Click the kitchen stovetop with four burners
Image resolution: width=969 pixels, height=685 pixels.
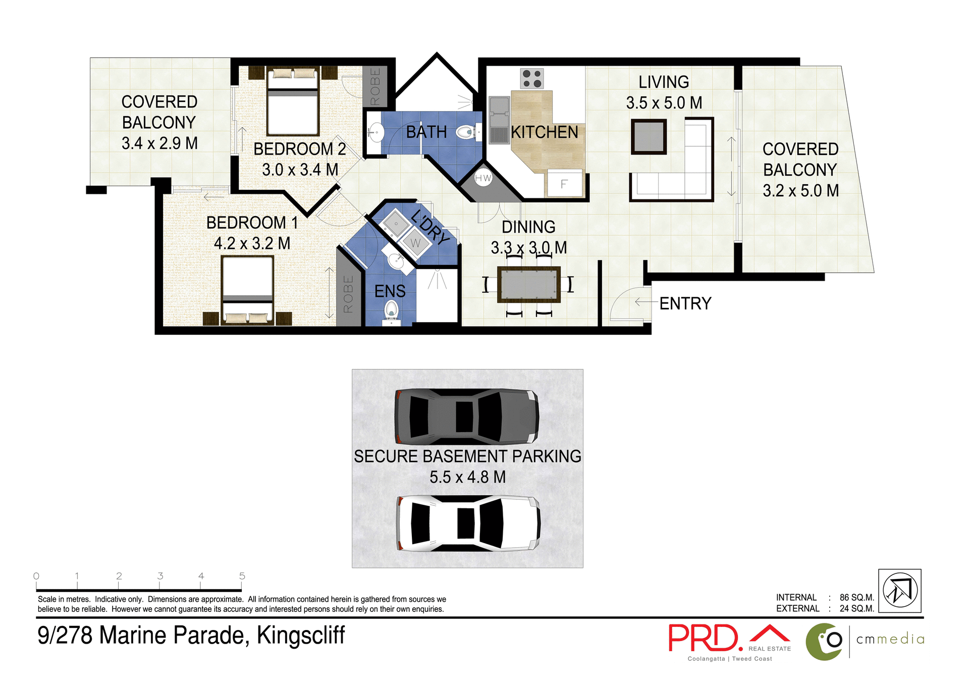[x=532, y=79]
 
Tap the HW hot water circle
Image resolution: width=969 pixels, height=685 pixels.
[x=483, y=178]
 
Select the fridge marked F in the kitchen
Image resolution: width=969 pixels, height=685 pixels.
[x=564, y=184]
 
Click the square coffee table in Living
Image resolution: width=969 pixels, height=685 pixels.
[x=649, y=137]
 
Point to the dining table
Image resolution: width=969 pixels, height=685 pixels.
[x=528, y=285]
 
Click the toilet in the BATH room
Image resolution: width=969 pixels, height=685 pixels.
[x=465, y=133]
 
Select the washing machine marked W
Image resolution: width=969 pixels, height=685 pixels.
[x=416, y=243]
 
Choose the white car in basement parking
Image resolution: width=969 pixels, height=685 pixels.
[x=468, y=523]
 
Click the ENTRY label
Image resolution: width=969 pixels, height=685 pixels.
[x=685, y=303]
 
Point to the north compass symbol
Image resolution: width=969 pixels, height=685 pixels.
[x=900, y=591]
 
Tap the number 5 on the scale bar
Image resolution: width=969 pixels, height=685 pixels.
[x=242, y=576]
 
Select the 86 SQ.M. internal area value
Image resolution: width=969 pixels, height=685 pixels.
[x=856, y=598]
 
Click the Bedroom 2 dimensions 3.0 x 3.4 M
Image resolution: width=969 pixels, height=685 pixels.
[x=300, y=170]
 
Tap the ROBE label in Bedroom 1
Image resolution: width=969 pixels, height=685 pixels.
[x=348, y=294]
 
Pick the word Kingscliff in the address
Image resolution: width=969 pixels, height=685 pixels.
[x=301, y=636]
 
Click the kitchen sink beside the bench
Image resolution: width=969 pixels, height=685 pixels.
[x=499, y=120]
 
